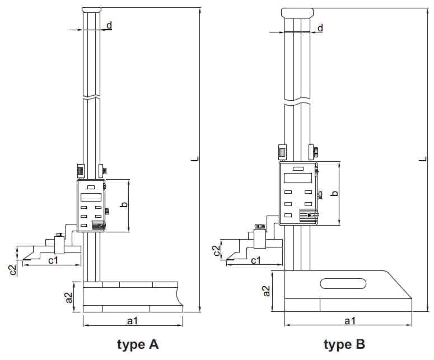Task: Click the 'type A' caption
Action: (x=138, y=345)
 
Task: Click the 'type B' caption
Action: (x=344, y=345)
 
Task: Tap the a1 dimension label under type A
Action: (x=132, y=321)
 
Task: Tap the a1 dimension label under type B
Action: (x=350, y=321)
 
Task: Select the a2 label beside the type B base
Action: (x=266, y=291)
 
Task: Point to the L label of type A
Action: (x=196, y=159)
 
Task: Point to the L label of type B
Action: (x=423, y=159)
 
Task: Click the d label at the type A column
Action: (x=109, y=25)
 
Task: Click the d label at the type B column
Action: (x=320, y=28)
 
